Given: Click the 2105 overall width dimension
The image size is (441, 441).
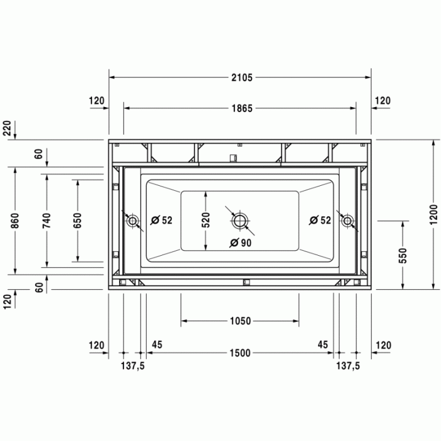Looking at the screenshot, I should [241, 77].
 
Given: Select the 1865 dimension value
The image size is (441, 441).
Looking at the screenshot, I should [241, 108].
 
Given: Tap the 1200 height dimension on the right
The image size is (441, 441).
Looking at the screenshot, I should [432, 214].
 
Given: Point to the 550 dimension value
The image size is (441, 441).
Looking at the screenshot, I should [403, 255].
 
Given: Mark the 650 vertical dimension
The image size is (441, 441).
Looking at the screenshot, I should [77, 220].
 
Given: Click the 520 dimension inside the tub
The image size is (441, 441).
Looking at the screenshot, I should [205, 220].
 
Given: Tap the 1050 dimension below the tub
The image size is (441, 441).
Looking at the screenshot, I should [240, 321].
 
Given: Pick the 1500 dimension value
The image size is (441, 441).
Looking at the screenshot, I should [240, 353].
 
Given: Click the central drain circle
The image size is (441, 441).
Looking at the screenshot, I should [240, 220].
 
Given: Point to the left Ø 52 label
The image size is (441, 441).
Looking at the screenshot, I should [163, 220].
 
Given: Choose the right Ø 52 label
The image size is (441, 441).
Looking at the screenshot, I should [320, 220].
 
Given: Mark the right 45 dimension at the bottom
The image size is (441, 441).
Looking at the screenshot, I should [323, 345].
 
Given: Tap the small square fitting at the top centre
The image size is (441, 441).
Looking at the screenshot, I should [232, 157].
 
